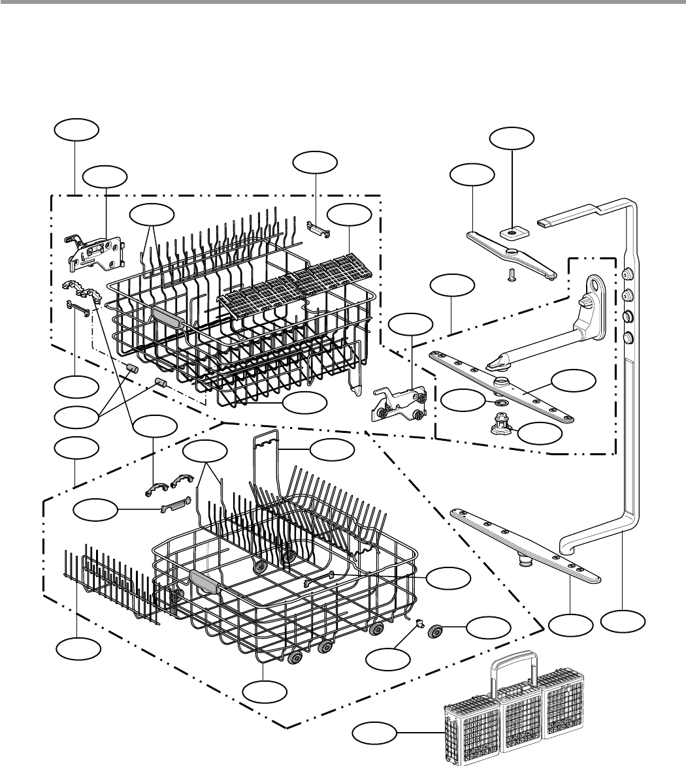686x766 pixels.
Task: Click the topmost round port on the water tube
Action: coord(629,274)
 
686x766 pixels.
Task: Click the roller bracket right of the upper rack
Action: coord(400,402)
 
